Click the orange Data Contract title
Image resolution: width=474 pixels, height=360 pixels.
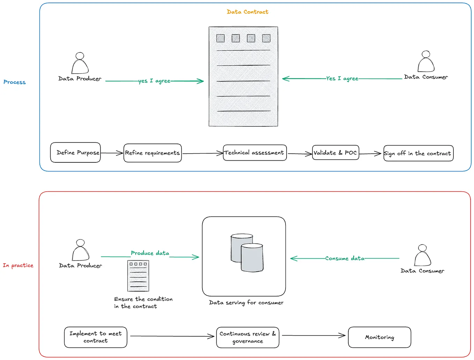247,12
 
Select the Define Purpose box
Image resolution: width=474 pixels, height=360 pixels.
75,153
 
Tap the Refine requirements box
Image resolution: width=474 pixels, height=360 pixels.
153,153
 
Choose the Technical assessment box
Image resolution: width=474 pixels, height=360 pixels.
254,153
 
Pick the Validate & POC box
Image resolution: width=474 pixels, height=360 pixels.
335,153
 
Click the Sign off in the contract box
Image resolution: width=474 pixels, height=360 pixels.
418,153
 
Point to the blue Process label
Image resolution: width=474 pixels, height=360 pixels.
15,82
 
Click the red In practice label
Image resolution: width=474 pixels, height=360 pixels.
18,265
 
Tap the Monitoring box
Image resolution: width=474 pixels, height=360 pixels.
379,337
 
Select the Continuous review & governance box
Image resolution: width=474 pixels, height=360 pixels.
247,337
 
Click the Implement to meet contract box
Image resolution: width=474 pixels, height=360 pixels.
96,337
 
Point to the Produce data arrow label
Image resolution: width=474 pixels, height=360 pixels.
150,253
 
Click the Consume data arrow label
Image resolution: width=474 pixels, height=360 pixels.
345,258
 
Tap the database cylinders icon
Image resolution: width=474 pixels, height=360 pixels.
247,253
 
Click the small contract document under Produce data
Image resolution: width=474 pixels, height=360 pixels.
138,276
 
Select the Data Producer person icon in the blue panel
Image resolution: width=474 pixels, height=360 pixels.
80,64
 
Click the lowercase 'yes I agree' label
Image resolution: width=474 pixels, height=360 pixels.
154,81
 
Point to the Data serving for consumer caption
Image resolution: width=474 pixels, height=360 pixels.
246,303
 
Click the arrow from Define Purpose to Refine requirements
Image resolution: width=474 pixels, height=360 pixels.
112,153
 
